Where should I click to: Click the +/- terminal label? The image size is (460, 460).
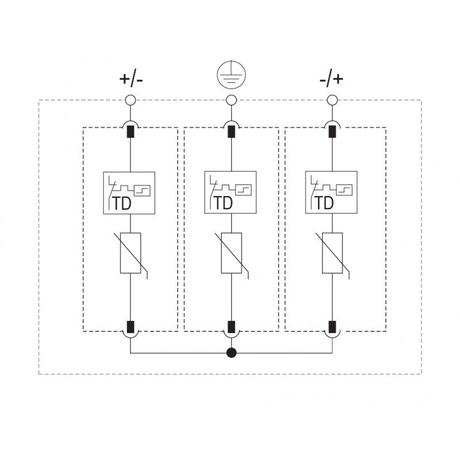(131, 79)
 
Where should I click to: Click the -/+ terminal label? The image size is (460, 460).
(331, 79)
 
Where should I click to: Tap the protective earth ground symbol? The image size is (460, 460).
(231, 75)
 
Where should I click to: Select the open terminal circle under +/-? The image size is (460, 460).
(131, 100)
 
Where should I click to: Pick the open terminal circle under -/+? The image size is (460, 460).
(332, 100)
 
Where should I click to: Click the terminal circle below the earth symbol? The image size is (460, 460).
(231, 100)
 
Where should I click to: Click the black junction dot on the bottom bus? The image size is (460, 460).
(231, 352)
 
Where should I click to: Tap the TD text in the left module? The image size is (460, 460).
(121, 204)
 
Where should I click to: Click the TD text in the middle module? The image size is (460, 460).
(223, 204)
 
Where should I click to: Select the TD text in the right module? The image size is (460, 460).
(324, 204)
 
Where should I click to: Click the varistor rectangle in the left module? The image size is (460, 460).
(131, 253)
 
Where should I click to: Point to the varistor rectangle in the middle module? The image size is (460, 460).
(231, 253)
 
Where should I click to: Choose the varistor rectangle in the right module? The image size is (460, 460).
(332, 253)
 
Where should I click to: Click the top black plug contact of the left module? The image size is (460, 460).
(131, 132)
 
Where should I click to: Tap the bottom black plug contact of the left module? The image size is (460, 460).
(131, 327)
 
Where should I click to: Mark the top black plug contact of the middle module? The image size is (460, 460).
(231, 132)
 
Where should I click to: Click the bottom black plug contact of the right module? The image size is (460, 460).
(332, 327)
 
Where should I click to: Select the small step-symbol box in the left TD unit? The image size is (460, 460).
(142, 190)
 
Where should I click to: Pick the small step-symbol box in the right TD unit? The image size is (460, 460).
(344, 190)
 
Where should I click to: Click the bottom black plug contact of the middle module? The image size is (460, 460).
(231, 327)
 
